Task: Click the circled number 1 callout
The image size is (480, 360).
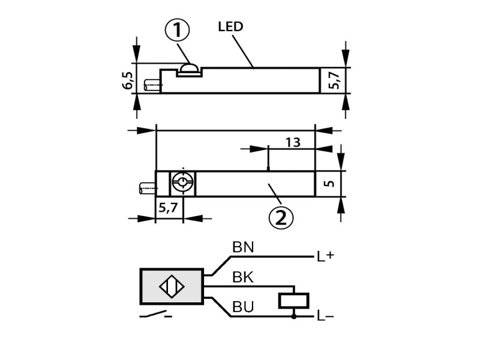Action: click(x=178, y=30)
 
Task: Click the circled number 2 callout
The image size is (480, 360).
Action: click(x=281, y=217)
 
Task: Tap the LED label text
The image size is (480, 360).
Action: click(x=230, y=26)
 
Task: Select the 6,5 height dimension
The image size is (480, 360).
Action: click(x=128, y=80)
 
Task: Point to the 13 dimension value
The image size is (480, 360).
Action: click(x=293, y=143)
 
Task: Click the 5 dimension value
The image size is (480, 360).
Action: click(x=329, y=184)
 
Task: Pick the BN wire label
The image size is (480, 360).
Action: click(x=243, y=247)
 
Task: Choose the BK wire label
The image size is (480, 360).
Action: click(x=243, y=277)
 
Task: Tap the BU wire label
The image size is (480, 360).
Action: click(x=243, y=307)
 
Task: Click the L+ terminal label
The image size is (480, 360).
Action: click(x=325, y=256)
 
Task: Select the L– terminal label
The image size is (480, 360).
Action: click(x=325, y=316)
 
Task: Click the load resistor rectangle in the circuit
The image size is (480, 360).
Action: click(x=293, y=301)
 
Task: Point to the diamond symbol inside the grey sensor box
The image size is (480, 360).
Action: click(x=172, y=287)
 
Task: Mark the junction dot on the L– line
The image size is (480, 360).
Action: click(x=294, y=317)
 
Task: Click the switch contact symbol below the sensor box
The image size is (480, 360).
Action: click(x=155, y=314)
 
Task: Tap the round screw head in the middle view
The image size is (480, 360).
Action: click(x=183, y=184)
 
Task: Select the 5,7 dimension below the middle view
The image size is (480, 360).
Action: click(x=168, y=208)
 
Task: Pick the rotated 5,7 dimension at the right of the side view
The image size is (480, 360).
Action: click(x=334, y=80)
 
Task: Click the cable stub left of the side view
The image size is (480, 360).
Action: click(x=152, y=86)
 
